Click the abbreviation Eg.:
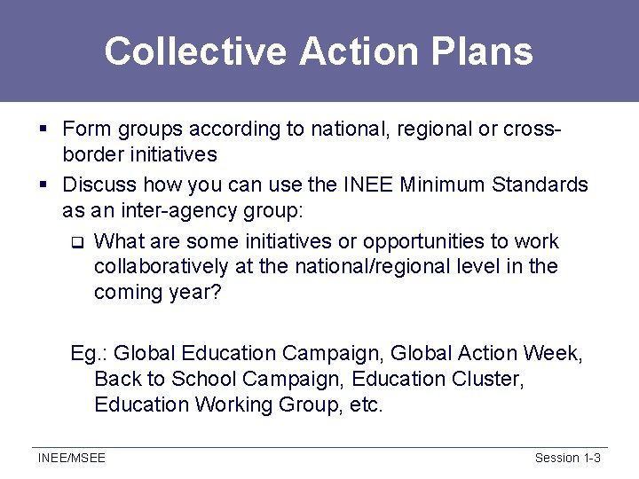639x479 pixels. (89, 353)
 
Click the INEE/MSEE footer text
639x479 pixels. (71, 458)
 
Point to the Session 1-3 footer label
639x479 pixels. (568, 458)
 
